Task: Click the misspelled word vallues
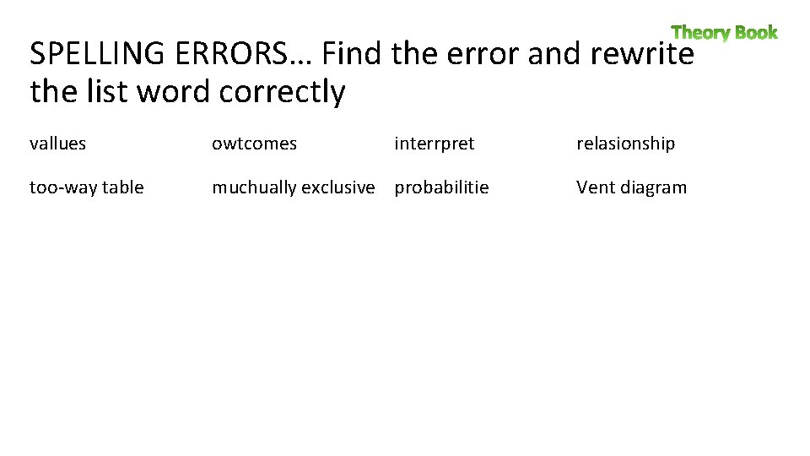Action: [x=57, y=144]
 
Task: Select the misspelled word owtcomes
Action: [x=254, y=144]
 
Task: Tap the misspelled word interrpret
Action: [x=435, y=144]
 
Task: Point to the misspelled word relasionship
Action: [x=625, y=144]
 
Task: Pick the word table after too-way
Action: [x=122, y=187]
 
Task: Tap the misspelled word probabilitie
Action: [x=441, y=187]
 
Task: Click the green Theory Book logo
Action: [x=724, y=33]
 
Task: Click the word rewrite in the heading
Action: [x=642, y=55]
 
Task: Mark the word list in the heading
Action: [x=109, y=92]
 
